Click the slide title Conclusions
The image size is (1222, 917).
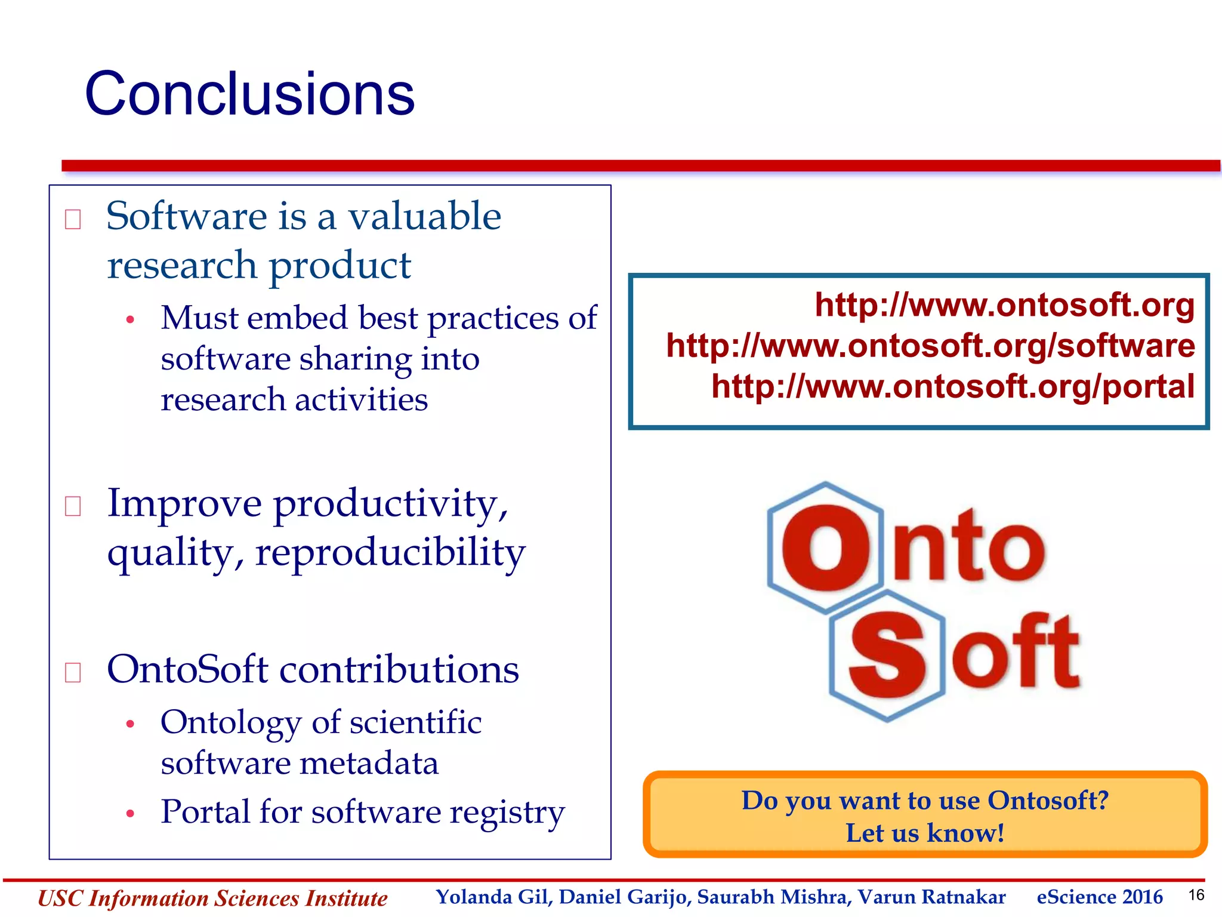[x=249, y=94]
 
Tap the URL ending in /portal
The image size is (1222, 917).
[x=953, y=386]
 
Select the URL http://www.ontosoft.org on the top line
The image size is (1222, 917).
[x=1005, y=305]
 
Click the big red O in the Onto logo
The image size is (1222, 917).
[x=826, y=547]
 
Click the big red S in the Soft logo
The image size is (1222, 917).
[x=887, y=656]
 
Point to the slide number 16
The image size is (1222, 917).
[x=1196, y=895]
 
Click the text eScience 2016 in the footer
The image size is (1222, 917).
[x=1099, y=897]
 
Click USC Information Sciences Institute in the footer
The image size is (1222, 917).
[x=212, y=898]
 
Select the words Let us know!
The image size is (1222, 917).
[x=925, y=833]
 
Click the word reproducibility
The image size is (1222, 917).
[x=390, y=552]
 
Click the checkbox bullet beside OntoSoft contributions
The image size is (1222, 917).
[x=73, y=672]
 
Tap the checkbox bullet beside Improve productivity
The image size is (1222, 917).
[x=73, y=506]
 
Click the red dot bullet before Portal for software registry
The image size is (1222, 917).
[x=130, y=814]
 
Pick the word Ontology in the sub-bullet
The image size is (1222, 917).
[x=230, y=724]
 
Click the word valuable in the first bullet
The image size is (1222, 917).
[x=424, y=216]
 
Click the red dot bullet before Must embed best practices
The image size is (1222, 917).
[x=130, y=320]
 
